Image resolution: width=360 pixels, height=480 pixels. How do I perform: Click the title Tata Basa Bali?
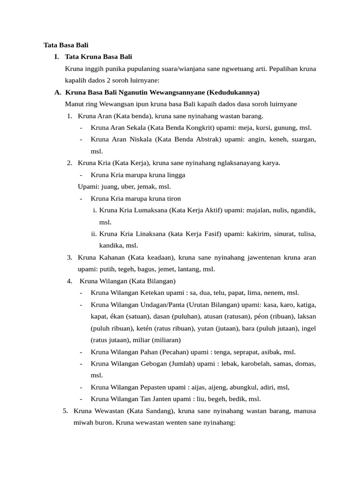66,45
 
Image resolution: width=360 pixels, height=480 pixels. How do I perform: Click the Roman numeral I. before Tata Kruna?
56,57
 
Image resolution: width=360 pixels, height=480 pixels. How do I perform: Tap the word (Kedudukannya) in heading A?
232,92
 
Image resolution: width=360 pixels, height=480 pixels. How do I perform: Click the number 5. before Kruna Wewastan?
66,411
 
